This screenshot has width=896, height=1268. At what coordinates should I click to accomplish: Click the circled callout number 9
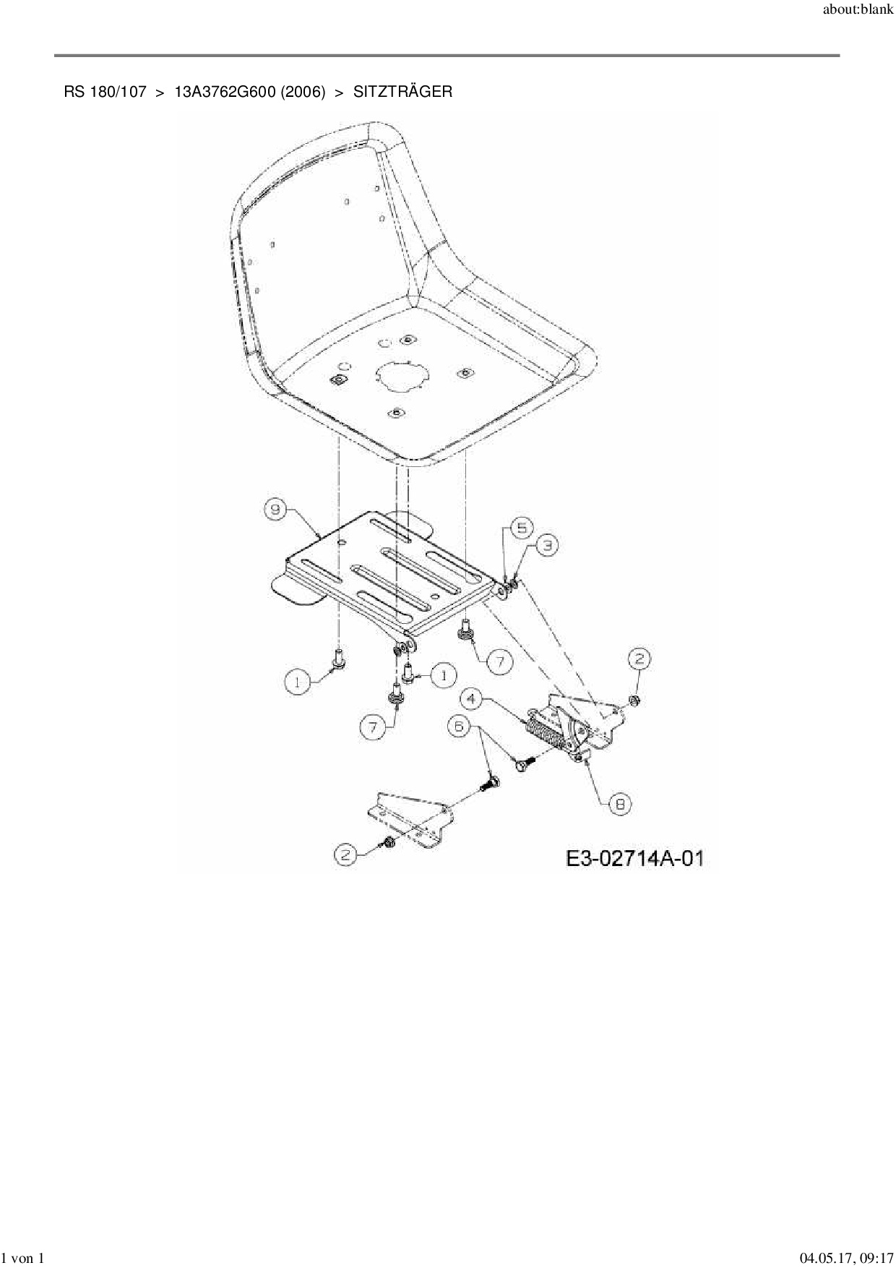click(x=275, y=510)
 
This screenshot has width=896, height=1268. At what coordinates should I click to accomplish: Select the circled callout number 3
click(x=548, y=546)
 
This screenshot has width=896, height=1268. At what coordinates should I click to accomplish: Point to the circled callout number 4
click(x=472, y=699)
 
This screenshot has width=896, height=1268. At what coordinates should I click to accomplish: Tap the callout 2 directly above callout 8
click(x=639, y=659)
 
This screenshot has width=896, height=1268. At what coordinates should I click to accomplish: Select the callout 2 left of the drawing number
click(x=346, y=854)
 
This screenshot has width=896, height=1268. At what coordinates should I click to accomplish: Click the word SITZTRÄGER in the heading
click(x=402, y=93)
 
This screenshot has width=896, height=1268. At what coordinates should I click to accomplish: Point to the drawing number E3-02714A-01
click(x=634, y=858)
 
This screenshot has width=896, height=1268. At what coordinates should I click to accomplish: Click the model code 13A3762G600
click(x=225, y=93)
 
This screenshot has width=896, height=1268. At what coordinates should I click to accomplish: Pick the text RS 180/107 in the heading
click(x=105, y=93)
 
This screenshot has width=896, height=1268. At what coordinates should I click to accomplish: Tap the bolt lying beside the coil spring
click(x=524, y=761)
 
